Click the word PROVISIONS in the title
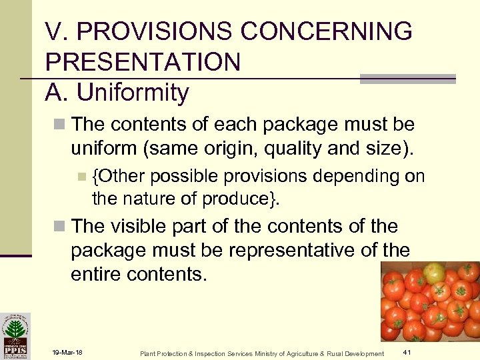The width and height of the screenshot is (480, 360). (x=139, y=31)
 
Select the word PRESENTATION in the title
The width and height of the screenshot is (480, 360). (x=143, y=62)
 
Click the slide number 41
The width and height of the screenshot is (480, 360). (x=407, y=352)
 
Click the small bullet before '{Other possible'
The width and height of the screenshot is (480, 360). (x=81, y=177)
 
